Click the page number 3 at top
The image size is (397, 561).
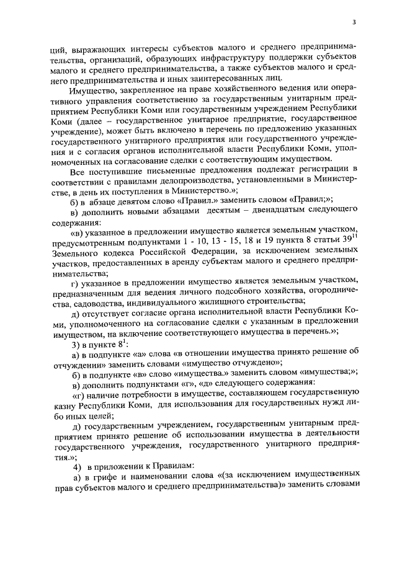pyautogui.click(x=354, y=23)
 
